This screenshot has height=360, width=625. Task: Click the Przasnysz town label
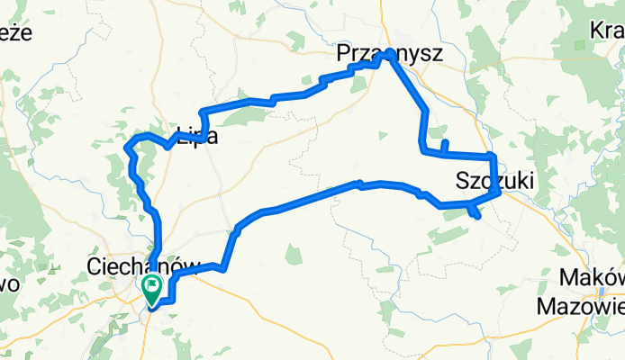390,55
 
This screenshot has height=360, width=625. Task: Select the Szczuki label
494,180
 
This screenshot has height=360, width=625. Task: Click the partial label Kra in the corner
606,30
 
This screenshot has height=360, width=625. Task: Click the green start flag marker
150,289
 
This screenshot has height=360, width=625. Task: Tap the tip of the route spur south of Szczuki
478,216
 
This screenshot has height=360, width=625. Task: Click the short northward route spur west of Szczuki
445,142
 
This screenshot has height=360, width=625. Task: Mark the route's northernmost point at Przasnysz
389,55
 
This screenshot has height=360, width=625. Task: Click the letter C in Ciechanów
93,266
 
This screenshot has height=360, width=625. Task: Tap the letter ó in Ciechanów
159,266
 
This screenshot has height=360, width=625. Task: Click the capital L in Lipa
181,137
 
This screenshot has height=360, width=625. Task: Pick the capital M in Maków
569,277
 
